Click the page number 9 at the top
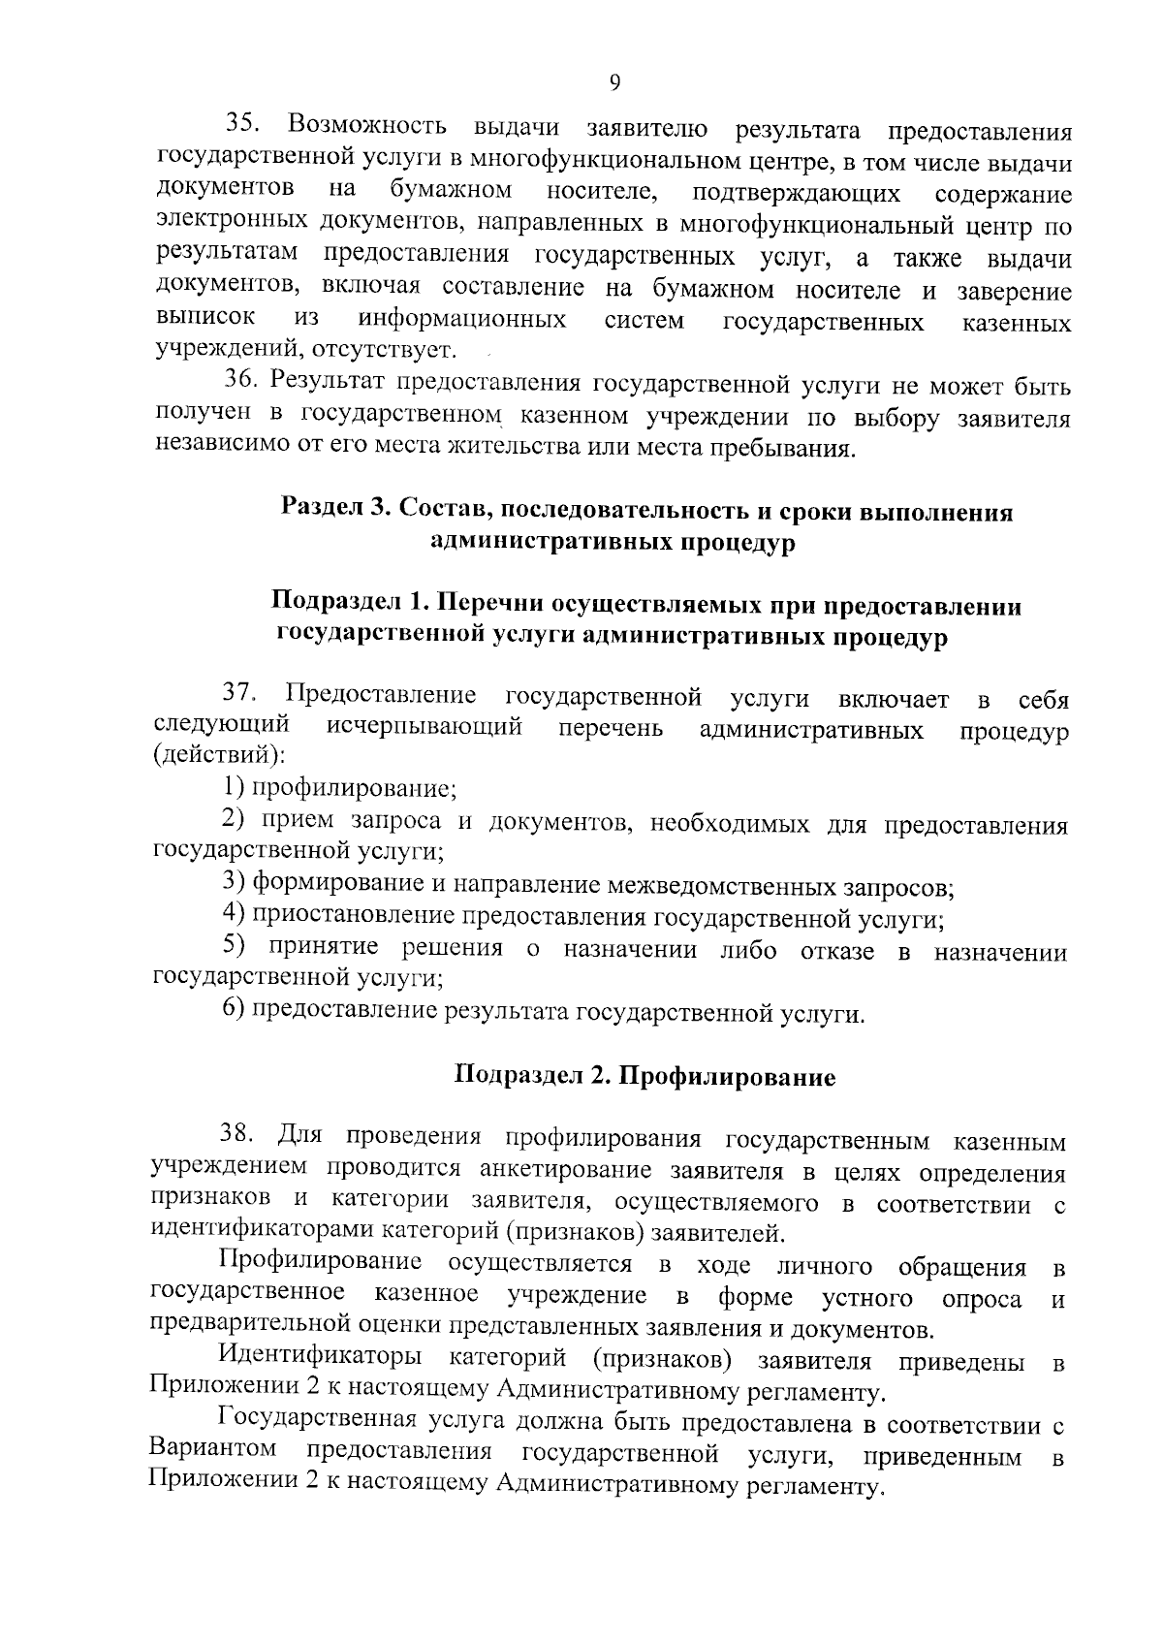click(614, 82)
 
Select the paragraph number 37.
click(241, 695)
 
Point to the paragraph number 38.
click(238, 1132)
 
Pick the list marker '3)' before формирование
click(233, 881)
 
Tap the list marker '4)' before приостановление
click(233, 913)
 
